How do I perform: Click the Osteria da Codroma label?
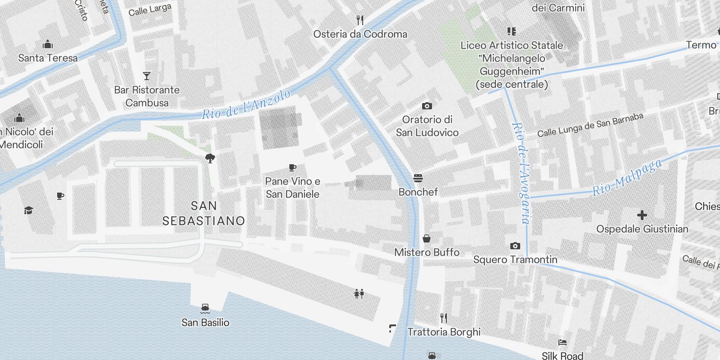pyautogui.click(x=360, y=34)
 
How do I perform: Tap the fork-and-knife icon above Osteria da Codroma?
pyautogui.click(x=360, y=20)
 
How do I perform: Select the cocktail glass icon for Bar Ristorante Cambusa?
pyautogui.click(x=146, y=76)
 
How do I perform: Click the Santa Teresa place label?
pyautogui.click(x=48, y=58)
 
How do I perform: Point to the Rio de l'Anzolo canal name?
pyautogui.click(x=246, y=104)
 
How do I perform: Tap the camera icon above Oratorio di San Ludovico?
pyautogui.click(x=427, y=106)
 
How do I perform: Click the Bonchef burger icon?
pyautogui.click(x=418, y=178)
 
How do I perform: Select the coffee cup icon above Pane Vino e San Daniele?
pyautogui.click(x=292, y=167)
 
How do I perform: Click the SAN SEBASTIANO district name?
pyautogui.click(x=203, y=213)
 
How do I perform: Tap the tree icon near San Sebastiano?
pyautogui.click(x=210, y=158)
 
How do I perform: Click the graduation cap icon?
pyautogui.click(x=29, y=210)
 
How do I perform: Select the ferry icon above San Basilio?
pyautogui.click(x=205, y=308)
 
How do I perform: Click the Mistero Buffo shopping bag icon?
pyautogui.click(x=426, y=238)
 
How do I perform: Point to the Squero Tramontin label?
pyautogui.click(x=515, y=260)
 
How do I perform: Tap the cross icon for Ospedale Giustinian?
pyautogui.click(x=642, y=215)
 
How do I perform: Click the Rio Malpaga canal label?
pyautogui.click(x=627, y=177)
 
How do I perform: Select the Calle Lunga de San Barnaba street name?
pyautogui.click(x=590, y=125)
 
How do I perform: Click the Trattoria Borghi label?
pyautogui.click(x=444, y=332)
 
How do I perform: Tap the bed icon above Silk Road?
pyautogui.click(x=562, y=342)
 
